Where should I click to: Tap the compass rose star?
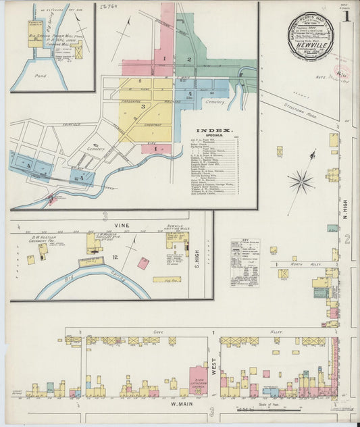click(x=301, y=181)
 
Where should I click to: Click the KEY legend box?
click(x=245, y=263)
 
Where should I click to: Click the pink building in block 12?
click(x=143, y=263)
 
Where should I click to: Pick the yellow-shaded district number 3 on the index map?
click(x=143, y=106)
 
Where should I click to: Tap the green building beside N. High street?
click(x=332, y=228)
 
